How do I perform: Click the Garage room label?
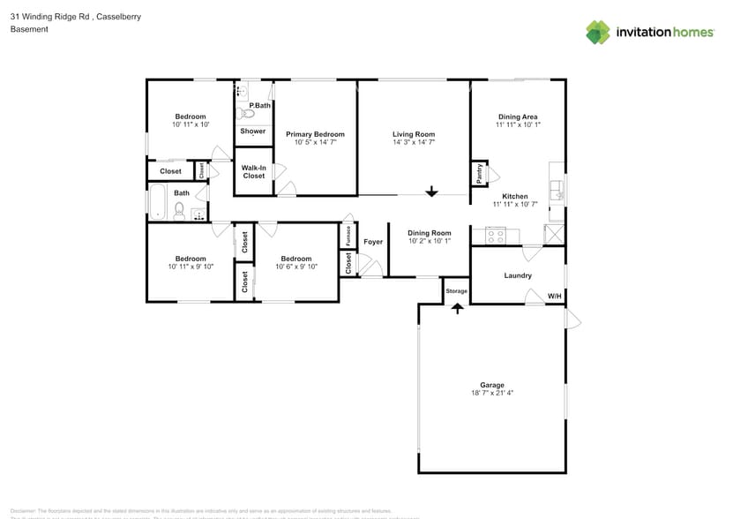pyautogui.click(x=492, y=385)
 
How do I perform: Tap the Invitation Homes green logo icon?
pyautogui.click(x=598, y=33)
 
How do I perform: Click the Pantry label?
pyautogui.click(x=479, y=173)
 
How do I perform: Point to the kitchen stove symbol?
pyautogui.click(x=495, y=236)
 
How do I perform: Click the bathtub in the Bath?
pyautogui.click(x=157, y=202)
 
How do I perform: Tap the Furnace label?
pyautogui.click(x=348, y=236)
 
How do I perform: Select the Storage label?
pyautogui.click(x=456, y=290)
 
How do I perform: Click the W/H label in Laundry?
pyautogui.click(x=554, y=296)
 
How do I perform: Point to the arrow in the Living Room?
pyautogui.click(x=431, y=191)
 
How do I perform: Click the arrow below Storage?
pyautogui.click(x=457, y=308)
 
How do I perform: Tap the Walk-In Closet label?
pyautogui.click(x=254, y=171)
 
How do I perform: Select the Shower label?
pyautogui.click(x=253, y=132)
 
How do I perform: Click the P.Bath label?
pyautogui.click(x=259, y=106)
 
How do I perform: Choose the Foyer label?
pyautogui.click(x=373, y=241)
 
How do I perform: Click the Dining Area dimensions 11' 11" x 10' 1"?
pyautogui.click(x=518, y=125)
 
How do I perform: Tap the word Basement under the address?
pyautogui.click(x=29, y=29)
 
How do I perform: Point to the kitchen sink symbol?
pyautogui.click(x=557, y=189)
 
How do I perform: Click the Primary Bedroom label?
pyautogui.click(x=315, y=134)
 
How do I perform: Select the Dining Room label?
pyautogui.click(x=430, y=233)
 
